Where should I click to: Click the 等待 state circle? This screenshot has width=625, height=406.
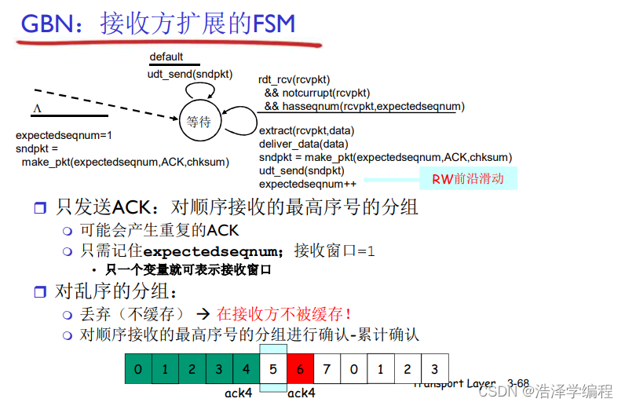199,122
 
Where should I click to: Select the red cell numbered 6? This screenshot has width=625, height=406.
300,369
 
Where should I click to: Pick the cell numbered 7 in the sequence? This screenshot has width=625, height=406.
327,369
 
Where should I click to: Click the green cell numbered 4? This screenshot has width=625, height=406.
246,369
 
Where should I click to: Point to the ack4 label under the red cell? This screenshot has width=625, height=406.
301,393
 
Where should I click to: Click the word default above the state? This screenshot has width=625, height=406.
166,57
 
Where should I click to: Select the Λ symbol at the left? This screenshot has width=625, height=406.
37,108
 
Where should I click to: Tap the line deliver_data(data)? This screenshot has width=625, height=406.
303,144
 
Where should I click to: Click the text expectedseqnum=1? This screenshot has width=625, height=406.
64,135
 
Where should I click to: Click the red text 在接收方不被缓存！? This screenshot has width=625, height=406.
283,314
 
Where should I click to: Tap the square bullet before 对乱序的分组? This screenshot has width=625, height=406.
40,292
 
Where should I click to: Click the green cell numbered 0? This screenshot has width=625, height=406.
138,369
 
